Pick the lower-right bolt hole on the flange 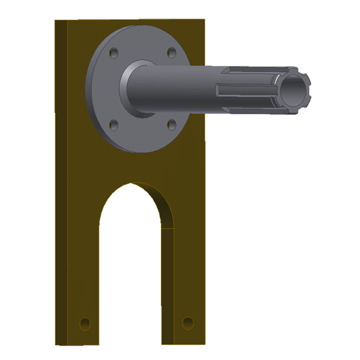click(172, 124)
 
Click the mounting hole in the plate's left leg click(85, 323)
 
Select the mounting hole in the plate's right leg click(188, 323)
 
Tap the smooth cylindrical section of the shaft click(180, 87)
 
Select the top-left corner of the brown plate click(56, 21)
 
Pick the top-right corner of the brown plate click(204, 20)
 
